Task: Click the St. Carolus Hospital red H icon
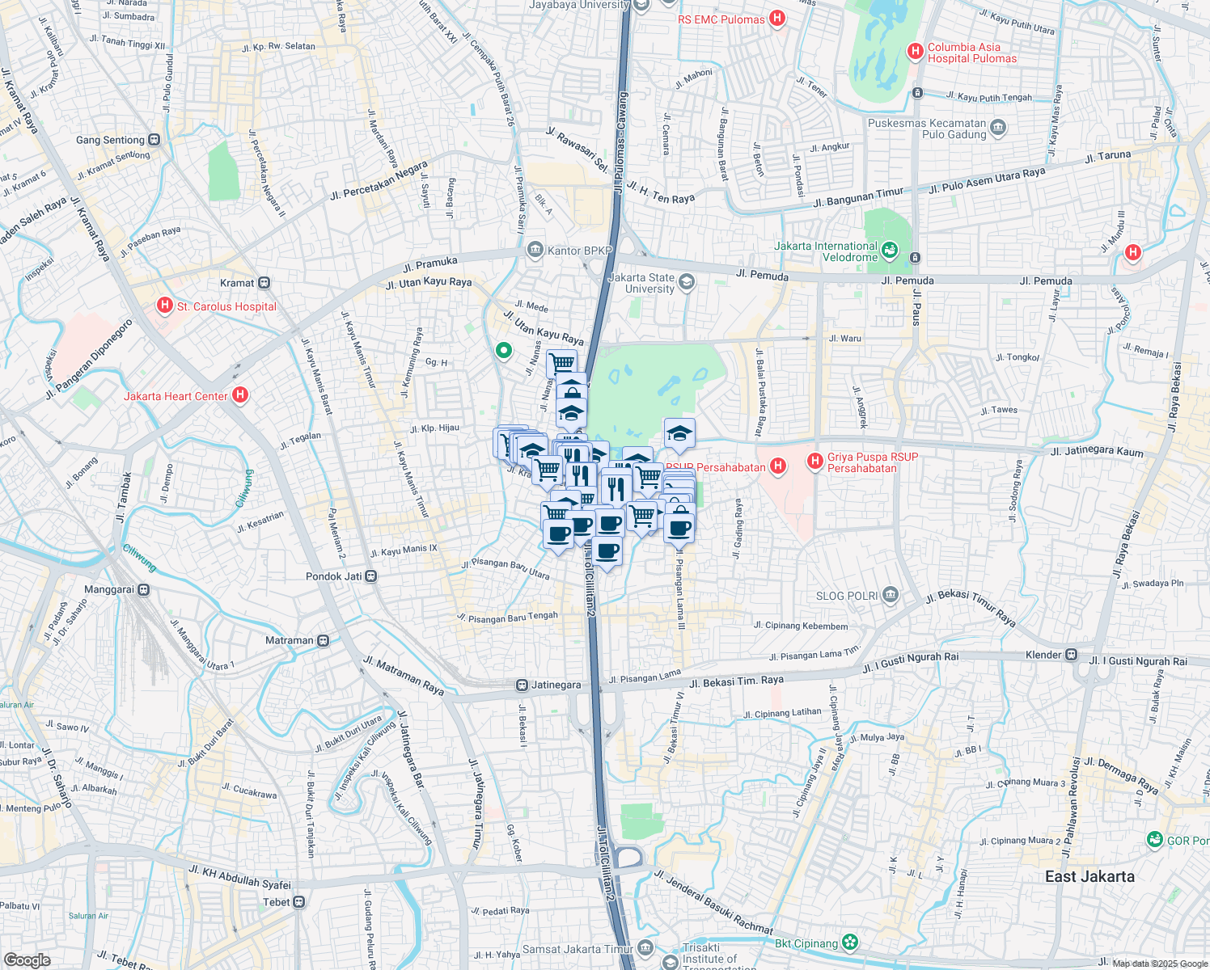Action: pyautogui.click(x=165, y=306)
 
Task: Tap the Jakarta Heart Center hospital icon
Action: pyautogui.click(x=239, y=395)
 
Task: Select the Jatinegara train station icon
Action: pyautogui.click(x=522, y=685)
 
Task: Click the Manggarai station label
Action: pyautogui.click(x=108, y=589)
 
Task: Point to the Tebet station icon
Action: pyautogui.click(x=299, y=902)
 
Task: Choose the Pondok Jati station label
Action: pyautogui.click(x=334, y=576)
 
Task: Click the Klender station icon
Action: pyautogui.click(x=1071, y=654)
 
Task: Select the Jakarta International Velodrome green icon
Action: pyautogui.click(x=890, y=251)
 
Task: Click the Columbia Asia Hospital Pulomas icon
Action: pyautogui.click(x=916, y=52)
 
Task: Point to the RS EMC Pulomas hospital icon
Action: pyautogui.click(x=776, y=19)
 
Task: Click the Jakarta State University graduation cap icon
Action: pyautogui.click(x=687, y=281)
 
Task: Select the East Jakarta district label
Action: pyautogui.click(x=1089, y=876)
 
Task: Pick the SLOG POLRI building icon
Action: pyautogui.click(x=891, y=596)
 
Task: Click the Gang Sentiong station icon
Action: pyautogui.click(x=154, y=140)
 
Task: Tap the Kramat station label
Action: pyautogui.click(x=237, y=283)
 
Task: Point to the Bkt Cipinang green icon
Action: pyautogui.click(x=849, y=943)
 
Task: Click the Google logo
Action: pyautogui.click(x=27, y=959)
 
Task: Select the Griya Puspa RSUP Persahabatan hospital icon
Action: pyautogui.click(x=814, y=462)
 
